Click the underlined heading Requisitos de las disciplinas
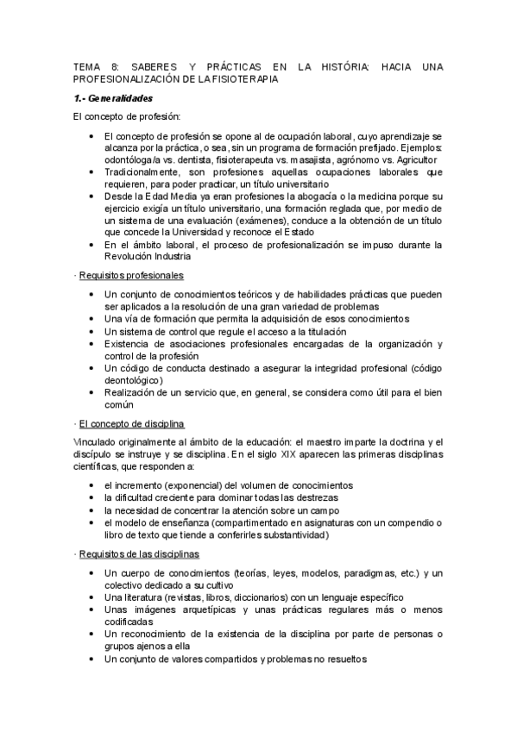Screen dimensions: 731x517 (x=139, y=553)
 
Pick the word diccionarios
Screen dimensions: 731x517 (x=268, y=597)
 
